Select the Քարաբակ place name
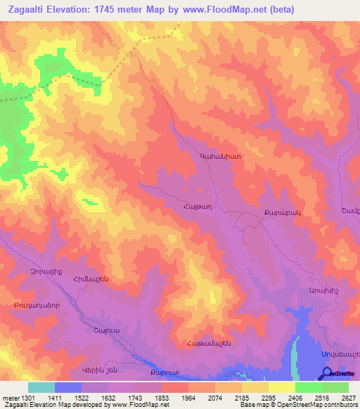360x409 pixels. click(266, 212)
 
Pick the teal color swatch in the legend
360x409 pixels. click(41, 387)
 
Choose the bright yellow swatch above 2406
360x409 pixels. click(281, 387)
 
